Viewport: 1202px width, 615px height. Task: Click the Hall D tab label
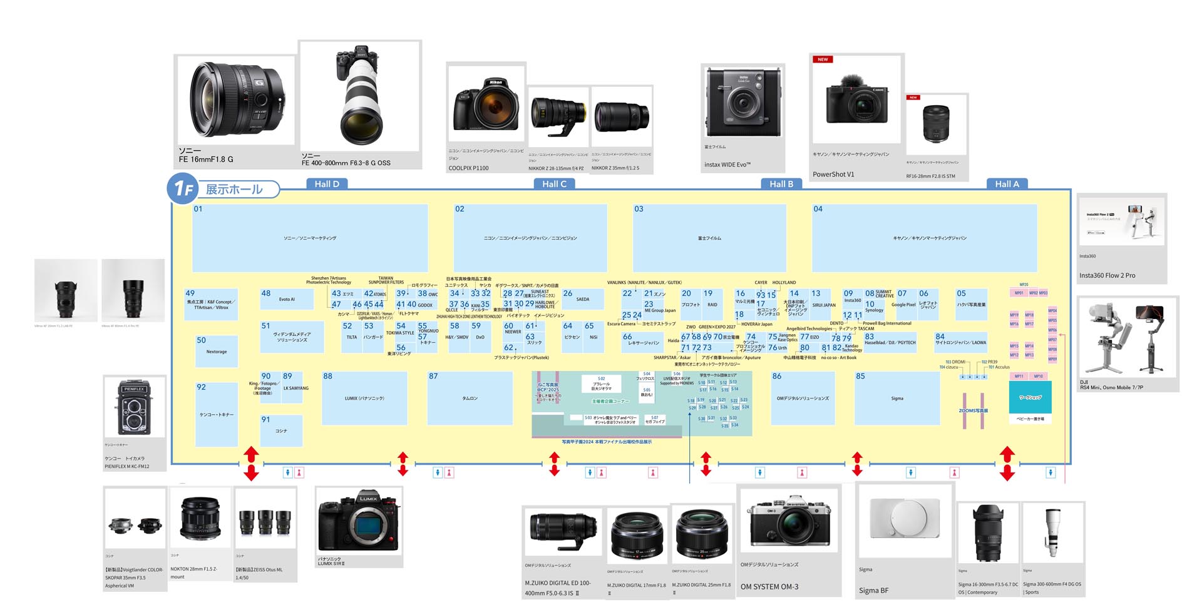pyautogui.click(x=327, y=184)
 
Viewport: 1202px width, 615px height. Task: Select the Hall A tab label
pyautogui.click(x=1007, y=184)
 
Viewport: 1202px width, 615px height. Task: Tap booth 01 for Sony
pyautogui.click(x=310, y=238)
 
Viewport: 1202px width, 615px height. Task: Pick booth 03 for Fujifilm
pyautogui.click(x=709, y=238)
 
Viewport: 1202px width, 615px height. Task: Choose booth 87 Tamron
pyautogui.click(x=470, y=399)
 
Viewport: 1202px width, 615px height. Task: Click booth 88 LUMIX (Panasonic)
pyautogui.click(x=364, y=399)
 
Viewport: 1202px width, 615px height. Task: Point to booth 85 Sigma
pyautogui.click(x=896, y=399)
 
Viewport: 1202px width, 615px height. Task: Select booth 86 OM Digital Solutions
pyautogui.click(x=803, y=399)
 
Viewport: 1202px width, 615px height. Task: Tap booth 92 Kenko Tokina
pyautogui.click(x=216, y=414)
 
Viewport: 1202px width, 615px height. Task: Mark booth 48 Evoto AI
pyautogui.click(x=287, y=299)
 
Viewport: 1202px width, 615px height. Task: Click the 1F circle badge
pyautogui.click(x=183, y=188)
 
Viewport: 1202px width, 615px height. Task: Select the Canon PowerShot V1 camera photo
pyautogui.click(x=856, y=100)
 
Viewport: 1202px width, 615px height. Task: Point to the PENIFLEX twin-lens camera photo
pyautogui.click(x=135, y=407)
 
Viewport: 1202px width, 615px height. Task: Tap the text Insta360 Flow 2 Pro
pyautogui.click(x=1107, y=275)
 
